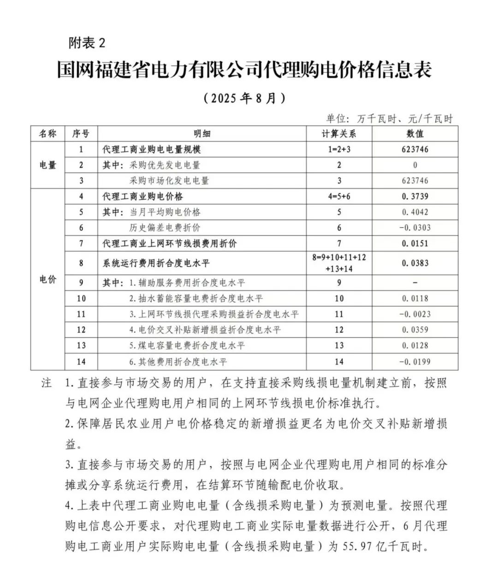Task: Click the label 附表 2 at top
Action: (x=87, y=43)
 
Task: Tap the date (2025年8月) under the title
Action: (x=243, y=98)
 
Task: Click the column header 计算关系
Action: (x=339, y=134)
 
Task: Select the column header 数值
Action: (x=415, y=134)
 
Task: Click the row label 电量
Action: (x=48, y=165)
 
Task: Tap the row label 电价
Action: (x=48, y=279)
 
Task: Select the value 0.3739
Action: (x=415, y=196)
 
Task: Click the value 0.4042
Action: (x=415, y=212)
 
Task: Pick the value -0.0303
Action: (x=415, y=228)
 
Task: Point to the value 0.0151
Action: (x=415, y=243)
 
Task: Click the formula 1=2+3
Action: (x=339, y=149)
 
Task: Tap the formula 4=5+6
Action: (x=339, y=196)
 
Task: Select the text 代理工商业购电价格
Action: (x=142, y=196)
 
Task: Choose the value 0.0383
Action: (x=415, y=263)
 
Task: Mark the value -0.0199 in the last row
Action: (x=415, y=362)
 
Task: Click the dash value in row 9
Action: (x=415, y=282)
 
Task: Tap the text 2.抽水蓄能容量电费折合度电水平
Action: (x=196, y=298)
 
